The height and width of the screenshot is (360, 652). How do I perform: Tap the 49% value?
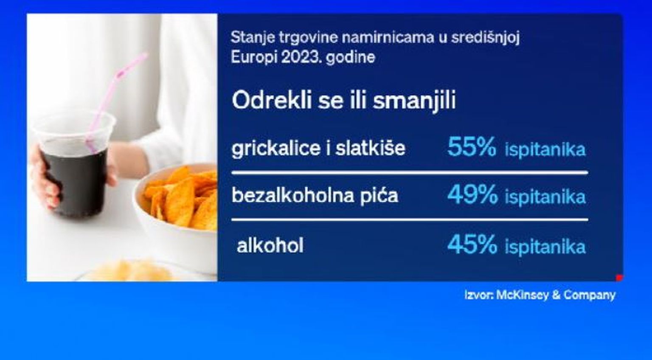point(472,194)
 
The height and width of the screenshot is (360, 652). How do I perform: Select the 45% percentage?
point(472,245)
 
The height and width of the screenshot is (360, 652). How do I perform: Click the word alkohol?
point(270,245)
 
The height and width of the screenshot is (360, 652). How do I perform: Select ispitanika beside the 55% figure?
point(545,150)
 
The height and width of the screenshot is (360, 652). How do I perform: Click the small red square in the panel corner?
point(619,278)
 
